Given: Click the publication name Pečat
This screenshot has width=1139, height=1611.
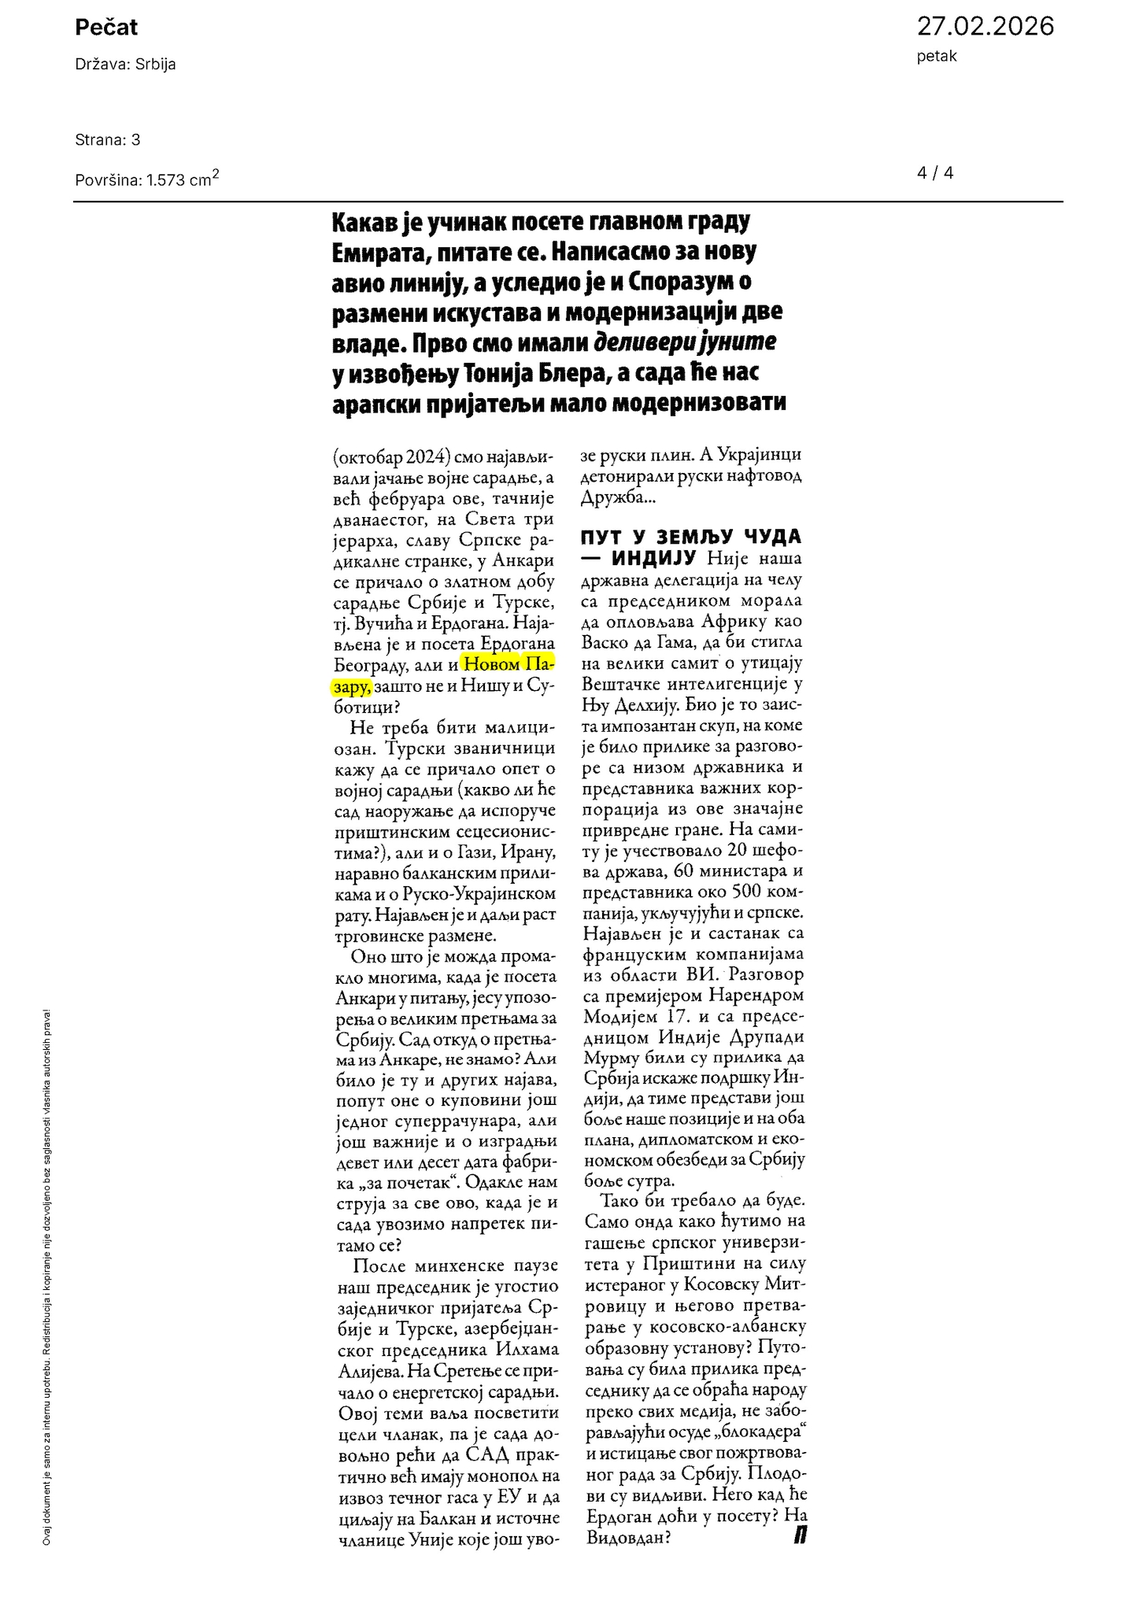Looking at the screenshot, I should tap(106, 28).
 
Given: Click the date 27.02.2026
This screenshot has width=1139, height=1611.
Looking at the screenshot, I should tap(985, 26).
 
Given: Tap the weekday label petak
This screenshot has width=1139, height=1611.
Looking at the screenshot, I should tap(937, 57).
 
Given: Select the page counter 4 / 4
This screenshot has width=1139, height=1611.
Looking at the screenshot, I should tap(935, 172).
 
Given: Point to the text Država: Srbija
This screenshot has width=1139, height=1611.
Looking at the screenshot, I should tap(125, 65).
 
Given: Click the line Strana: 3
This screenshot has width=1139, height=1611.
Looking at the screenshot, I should tap(108, 140).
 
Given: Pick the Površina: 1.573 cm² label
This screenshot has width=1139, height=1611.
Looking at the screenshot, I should tap(146, 179).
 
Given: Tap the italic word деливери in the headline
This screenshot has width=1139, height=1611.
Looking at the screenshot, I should tap(645, 342).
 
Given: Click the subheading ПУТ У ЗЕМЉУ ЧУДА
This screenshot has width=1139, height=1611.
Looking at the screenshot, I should tap(691, 537).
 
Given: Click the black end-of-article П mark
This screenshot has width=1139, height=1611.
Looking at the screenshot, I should tap(800, 1535).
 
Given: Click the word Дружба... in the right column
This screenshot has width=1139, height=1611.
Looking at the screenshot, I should tap(618, 497).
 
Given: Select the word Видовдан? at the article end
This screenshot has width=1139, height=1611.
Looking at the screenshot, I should tap(628, 1537).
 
